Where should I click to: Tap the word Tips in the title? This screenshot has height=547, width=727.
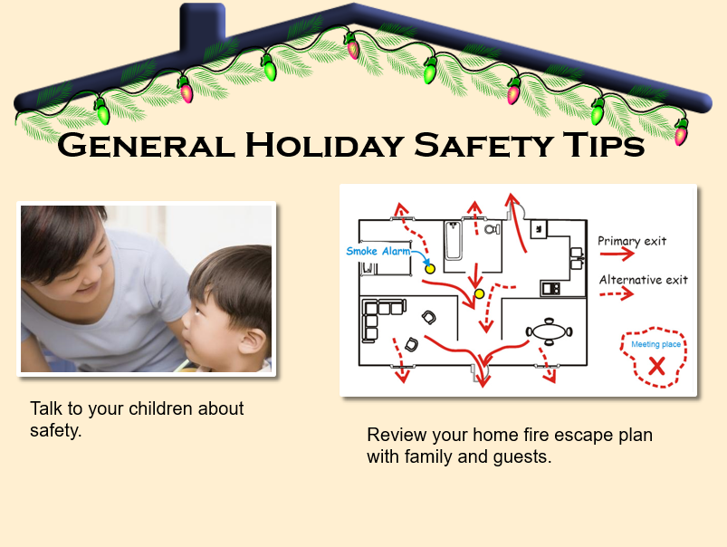coord(604,145)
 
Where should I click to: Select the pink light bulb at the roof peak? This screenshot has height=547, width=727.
coord(352,46)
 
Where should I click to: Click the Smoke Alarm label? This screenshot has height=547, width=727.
coord(378,251)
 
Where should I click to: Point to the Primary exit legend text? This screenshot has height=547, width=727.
coord(632,241)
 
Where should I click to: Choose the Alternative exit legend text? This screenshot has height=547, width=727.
coord(644,280)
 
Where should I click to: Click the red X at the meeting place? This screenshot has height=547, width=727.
coord(656,366)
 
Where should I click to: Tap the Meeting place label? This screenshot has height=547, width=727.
coord(656,344)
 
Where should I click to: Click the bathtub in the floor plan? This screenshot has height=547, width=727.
coord(453,240)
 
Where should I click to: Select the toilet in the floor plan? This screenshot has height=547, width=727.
coord(493,229)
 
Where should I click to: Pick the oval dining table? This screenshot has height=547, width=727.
coord(549,331)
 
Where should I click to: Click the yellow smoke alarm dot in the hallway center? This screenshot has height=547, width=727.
coord(480,293)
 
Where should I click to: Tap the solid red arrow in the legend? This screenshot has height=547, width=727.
coord(617,254)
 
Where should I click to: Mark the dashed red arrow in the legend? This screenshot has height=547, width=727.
coord(617,293)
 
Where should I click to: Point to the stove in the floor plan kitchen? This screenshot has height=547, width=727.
coord(550,289)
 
